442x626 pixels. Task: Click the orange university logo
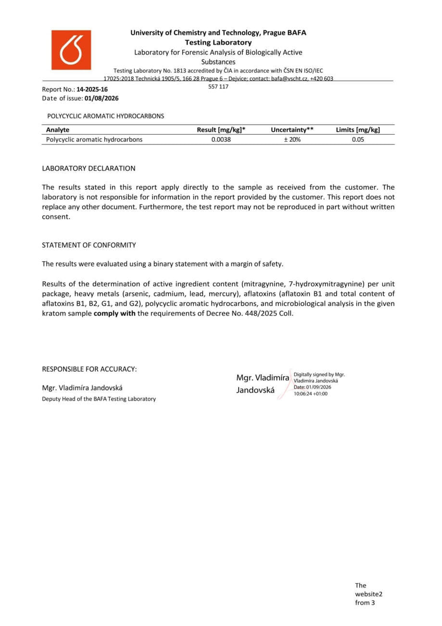pyautogui.click(x=71, y=50)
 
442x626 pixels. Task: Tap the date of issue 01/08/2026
pyautogui.click(x=101, y=98)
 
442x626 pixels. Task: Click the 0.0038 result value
pyautogui.click(x=221, y=140)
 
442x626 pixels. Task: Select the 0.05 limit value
pyautogui.click(x=358, y=140)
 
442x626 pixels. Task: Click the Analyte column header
pyautogui.click(x=58, y=130)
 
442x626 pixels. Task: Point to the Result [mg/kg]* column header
pyautogui.click(x=221, y=130)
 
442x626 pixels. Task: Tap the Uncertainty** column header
pyautogui.click(x=292, y=130)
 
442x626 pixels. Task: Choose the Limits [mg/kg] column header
pyautogui.click(x=358, y=130)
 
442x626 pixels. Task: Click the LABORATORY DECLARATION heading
pyautogui.click(x=88, y=169)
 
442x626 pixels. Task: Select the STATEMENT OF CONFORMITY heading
pyautogui.click(x=89, y=245)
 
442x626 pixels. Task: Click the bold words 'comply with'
pyautogui.click(x=114, y=313)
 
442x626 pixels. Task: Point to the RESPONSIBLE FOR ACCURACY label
pyautogui.click(x=89, y=369)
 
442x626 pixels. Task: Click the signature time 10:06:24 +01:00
pyautogui.click(x=310, y=393)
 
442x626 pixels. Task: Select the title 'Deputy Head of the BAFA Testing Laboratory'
pyautogui.click(x=99, y=399)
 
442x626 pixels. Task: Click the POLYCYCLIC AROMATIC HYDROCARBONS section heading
pyautogui.click(x=105, y=116)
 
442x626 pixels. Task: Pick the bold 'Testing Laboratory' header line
pyautogui.click(x=218, y=42)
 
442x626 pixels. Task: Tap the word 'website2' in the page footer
pyautogui.click(x=368, y=594)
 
